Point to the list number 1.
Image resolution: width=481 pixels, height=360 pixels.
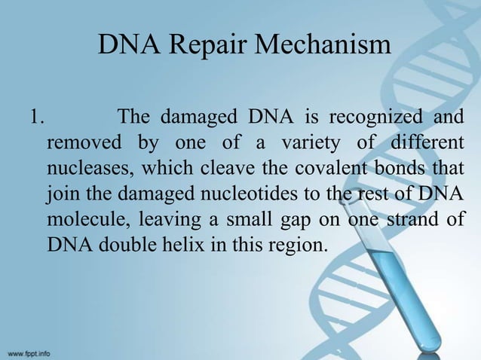click(x=34, y=117)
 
